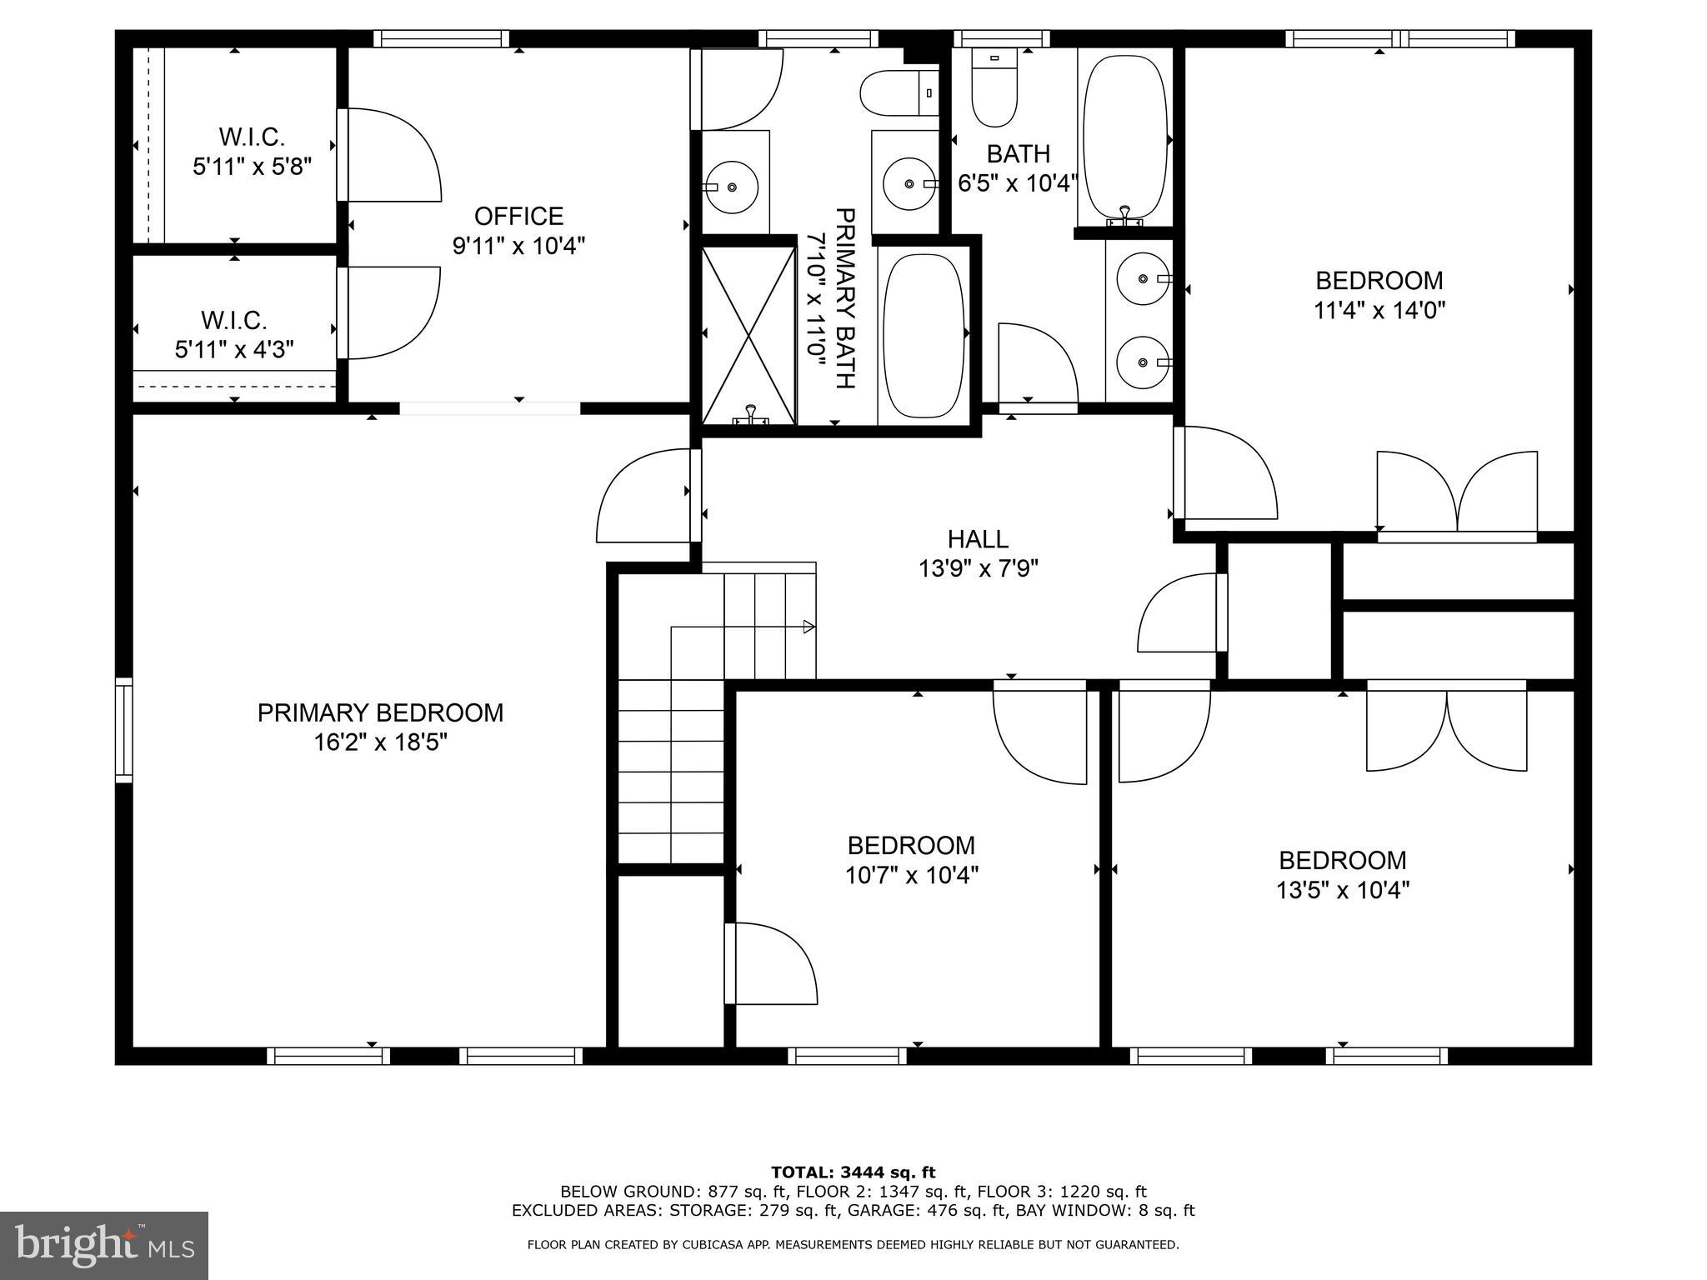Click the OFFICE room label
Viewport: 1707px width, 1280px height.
[518, 217]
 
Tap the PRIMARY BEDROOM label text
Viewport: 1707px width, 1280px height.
[380, 713]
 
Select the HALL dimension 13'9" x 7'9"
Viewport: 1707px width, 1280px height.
[978, 569]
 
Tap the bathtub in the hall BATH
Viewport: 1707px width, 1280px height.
[1124, 138]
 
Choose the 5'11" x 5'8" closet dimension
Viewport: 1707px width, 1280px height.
[252, 167]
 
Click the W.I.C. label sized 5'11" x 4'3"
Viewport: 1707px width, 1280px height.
[233, 320]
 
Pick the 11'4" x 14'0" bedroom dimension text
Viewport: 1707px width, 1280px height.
[1379, 311]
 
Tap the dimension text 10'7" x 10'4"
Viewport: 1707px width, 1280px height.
[911, 876]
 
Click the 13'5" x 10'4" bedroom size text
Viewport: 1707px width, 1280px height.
[1342, 891]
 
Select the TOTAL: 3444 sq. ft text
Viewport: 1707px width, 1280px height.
[853, 1172]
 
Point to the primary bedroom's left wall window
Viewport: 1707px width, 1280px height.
[123, 730]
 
